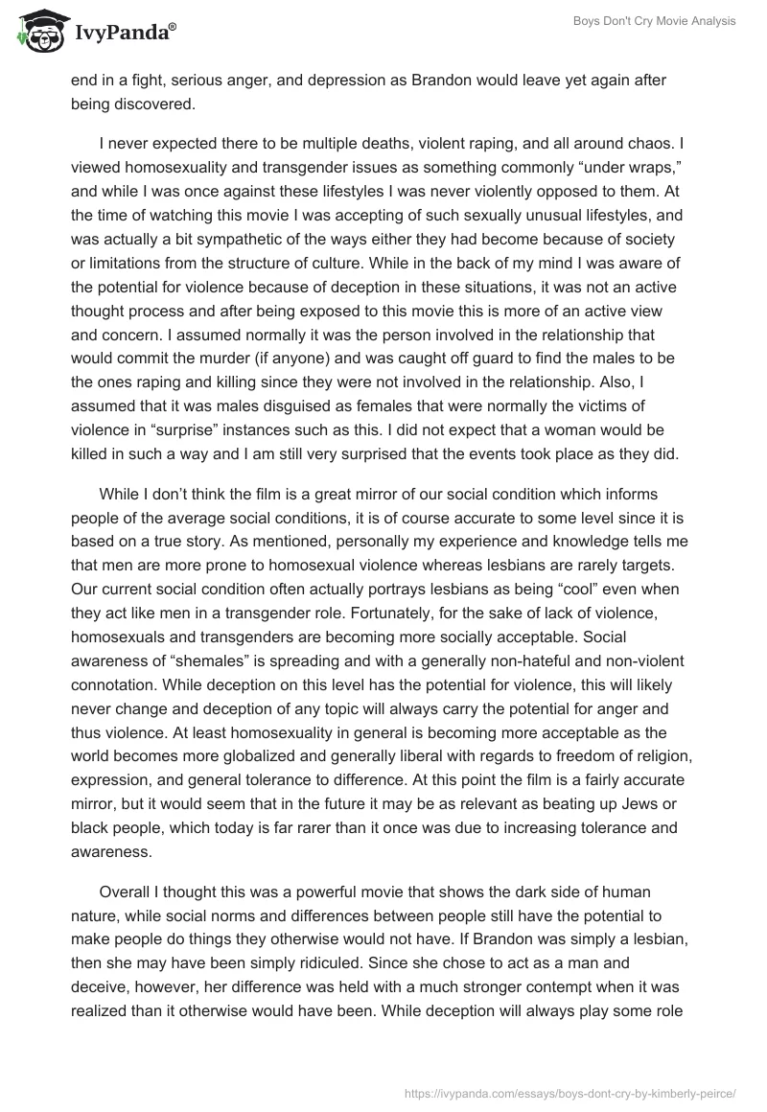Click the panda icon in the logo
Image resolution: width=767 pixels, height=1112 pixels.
(37, 32)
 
